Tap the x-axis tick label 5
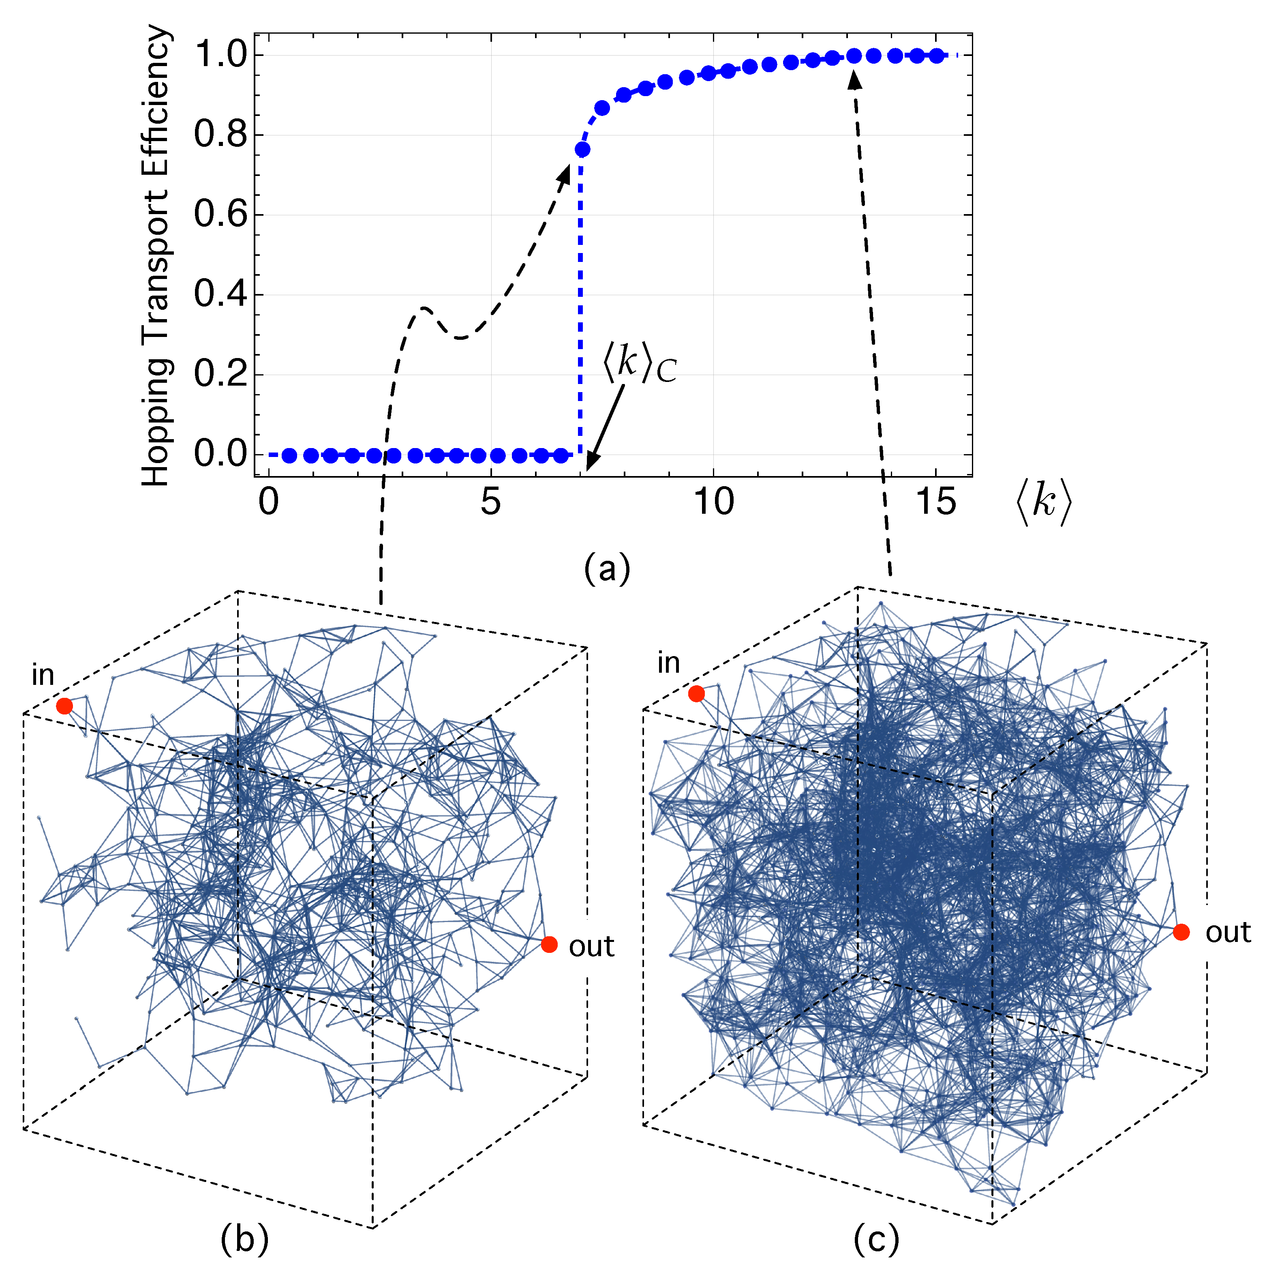(490, 502)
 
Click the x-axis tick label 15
(935, 502)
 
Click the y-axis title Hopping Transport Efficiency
(156, 255)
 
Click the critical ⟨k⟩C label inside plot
(638, 364)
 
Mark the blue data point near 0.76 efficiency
(582, 150)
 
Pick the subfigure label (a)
(606, 568)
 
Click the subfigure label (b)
(244, 1240)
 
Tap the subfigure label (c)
(875, 1240)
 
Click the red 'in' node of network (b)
(64, 706)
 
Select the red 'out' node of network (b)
(549, 944)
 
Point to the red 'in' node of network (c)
(696, 693)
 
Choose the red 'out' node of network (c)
(1181, 932)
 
